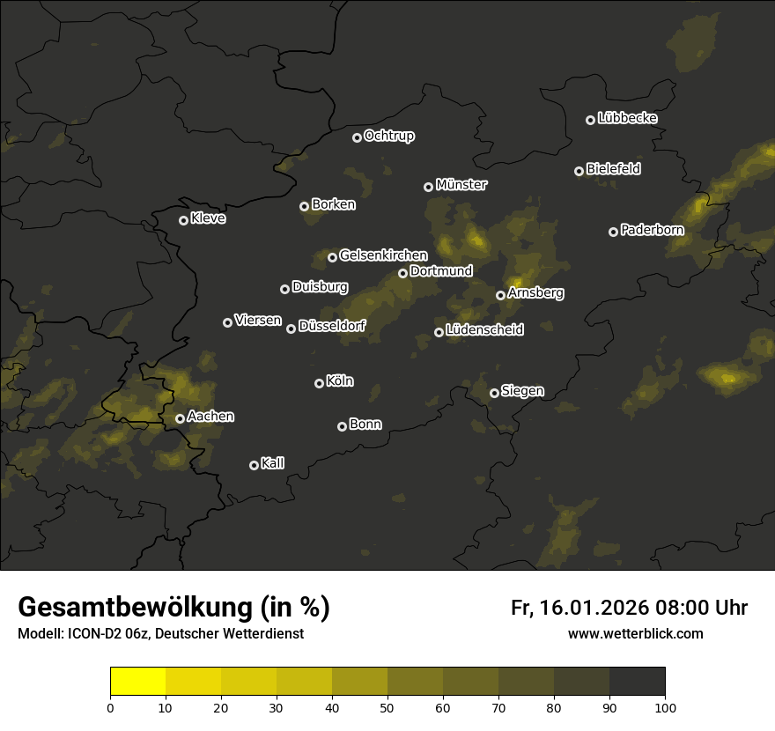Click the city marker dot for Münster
coord(429,187)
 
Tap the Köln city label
coord(340,381)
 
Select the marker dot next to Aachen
coord(181,419)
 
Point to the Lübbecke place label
coord(628,118)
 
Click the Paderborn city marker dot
coord(614,232)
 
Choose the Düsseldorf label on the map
coord(332,326)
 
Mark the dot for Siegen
coord(495,393)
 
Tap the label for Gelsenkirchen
coord(383,255)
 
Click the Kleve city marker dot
coord(184,220)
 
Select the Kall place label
coord(273,463)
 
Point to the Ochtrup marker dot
coord(357,137)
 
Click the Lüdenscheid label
coord(485,330)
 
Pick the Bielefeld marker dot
coord(579,171)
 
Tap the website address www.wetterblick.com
coord(636,633)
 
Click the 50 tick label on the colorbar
coord(387,706)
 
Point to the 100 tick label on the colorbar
coord(665,706)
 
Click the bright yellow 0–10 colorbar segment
coord(138,682)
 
